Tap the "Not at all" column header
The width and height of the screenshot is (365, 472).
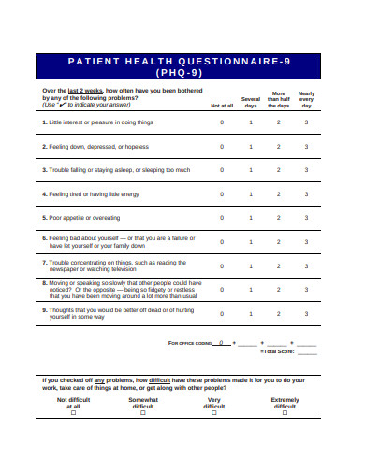[x=222, y=106]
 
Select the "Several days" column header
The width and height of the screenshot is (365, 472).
[x=251, y=102]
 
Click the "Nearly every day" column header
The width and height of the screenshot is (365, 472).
[x=306, y=100]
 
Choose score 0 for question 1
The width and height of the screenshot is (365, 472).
[x=222, y=122]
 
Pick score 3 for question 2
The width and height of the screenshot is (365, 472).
[x=306, y=147]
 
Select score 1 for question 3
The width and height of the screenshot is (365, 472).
[x=251, y=170]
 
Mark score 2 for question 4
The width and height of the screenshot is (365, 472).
[x=279, y=194]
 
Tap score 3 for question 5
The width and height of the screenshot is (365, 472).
[x=306, y=218]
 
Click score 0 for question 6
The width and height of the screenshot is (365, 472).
[x=222, y=242]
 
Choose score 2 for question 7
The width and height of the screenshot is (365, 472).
[x=279, y=266]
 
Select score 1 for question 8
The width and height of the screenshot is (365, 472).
[x=251, y=290]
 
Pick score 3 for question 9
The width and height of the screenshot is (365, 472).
[x=306, y=314]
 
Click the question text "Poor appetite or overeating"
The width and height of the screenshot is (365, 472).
[x=86, y=218]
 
